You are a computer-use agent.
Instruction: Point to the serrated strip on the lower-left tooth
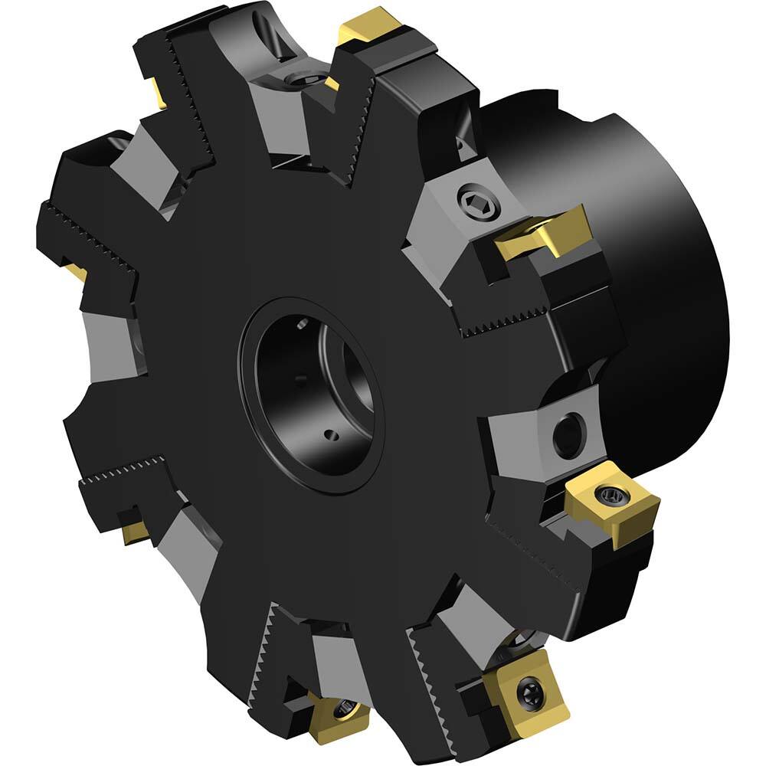[123, 470]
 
